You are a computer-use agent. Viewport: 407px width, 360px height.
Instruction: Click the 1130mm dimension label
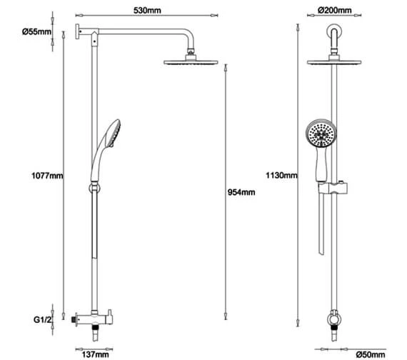click(x=281, y=174)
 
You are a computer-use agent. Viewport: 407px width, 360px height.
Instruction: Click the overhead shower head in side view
click(x=189, y=64)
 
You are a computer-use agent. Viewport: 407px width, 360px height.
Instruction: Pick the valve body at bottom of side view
click(x=89, y=316)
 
